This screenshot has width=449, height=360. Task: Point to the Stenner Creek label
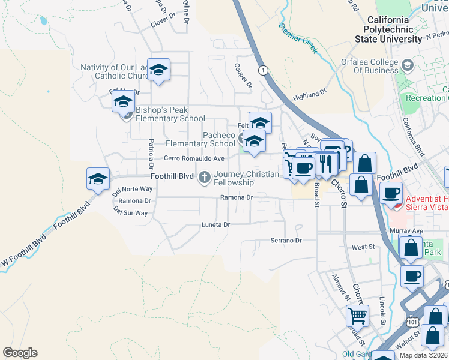tap(298, 37)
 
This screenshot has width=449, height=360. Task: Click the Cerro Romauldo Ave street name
tap(194, 158)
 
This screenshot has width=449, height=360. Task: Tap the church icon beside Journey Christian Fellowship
tap(205, 176)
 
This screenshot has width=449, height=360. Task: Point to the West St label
tap(363, 247)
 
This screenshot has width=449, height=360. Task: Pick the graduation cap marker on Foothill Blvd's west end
tap(98, 179)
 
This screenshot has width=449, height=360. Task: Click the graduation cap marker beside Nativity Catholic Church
tap(158, 70)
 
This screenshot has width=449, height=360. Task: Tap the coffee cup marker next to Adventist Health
tap(391, 193)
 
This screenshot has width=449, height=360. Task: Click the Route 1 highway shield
tap(262, 70)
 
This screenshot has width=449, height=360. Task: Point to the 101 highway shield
tap(412, 322)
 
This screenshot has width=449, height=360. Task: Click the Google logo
tap(20, 353)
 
